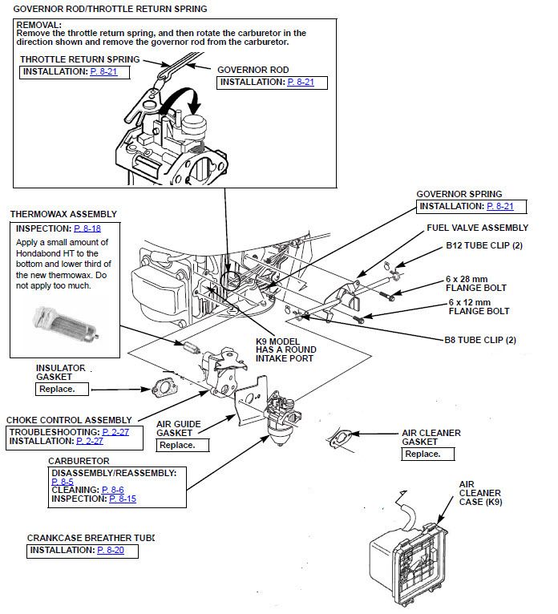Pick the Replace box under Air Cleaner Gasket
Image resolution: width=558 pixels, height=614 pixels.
click(422, 454)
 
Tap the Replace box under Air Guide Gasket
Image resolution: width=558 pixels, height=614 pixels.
click(176, 445)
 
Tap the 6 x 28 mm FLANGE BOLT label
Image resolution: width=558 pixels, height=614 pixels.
click(476, 282)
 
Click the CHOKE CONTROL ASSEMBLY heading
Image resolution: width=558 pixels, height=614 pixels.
click(69, 420)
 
